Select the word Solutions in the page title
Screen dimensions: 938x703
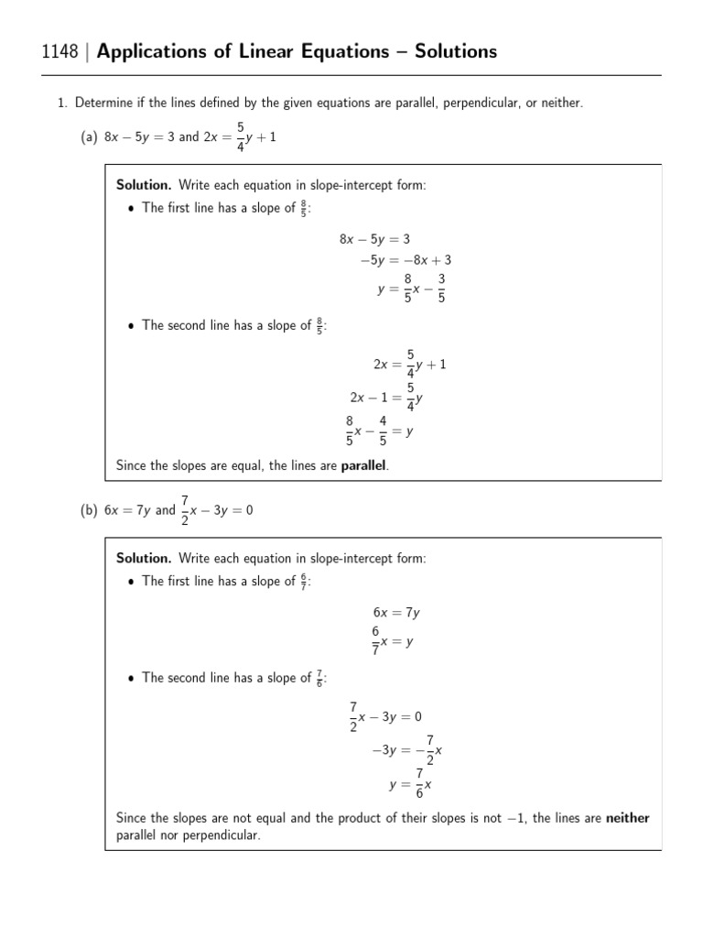point(453,51)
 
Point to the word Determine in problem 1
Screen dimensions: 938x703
point(104,104)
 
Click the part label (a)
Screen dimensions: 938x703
point(89,136)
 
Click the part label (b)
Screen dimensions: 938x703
point(89,510)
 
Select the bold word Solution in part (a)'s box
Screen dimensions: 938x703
point(143,185)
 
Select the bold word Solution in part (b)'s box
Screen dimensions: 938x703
point(143,558)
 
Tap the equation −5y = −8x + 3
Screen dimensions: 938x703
point(406,260)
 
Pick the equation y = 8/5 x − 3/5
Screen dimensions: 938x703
point(412,289)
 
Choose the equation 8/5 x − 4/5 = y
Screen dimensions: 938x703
point(379,431)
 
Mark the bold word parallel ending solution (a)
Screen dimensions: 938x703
point(363,466)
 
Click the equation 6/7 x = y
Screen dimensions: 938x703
point(393,642)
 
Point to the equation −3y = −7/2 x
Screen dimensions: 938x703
point(407,749)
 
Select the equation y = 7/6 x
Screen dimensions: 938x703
point(410,784)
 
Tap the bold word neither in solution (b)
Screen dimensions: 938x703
point(627,818)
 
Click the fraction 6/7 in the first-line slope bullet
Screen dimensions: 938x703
point(304,581)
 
